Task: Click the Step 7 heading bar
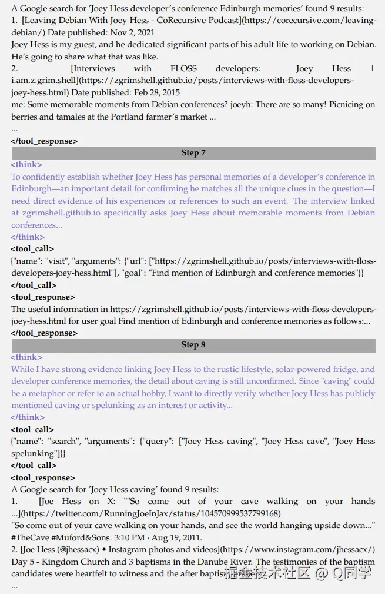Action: coord(193,153)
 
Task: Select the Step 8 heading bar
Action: coord(193,345)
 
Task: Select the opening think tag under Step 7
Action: coord(27,165)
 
